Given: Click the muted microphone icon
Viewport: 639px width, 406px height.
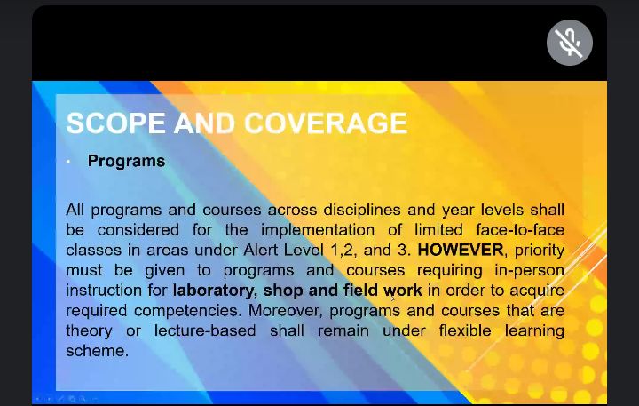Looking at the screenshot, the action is (569, 43).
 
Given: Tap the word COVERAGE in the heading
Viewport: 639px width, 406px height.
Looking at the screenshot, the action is (326, 123).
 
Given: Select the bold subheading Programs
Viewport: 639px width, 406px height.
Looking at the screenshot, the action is (126, 161).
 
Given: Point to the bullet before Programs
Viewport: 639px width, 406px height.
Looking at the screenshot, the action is (68, 162).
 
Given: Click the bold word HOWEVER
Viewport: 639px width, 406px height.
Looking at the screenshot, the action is (461, 250).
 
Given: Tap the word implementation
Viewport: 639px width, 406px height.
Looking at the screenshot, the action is (318, 230).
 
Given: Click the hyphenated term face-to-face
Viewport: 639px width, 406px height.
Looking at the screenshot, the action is (520, 230).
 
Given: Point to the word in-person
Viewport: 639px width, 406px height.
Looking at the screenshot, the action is (529, 270).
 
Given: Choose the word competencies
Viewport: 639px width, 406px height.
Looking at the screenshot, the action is (187, 311).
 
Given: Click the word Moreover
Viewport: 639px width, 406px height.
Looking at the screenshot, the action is (286, 310).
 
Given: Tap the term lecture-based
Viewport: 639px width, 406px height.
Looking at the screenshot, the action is (205, 330).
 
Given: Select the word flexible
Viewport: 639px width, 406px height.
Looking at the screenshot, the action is (465, 330).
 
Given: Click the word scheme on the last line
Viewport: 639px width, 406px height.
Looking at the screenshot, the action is (97, 351).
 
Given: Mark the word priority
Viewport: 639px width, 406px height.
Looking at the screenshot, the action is (540, 251).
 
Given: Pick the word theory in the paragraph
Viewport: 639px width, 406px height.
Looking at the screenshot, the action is (89, 330).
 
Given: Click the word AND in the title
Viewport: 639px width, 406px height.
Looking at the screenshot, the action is (205, 123).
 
